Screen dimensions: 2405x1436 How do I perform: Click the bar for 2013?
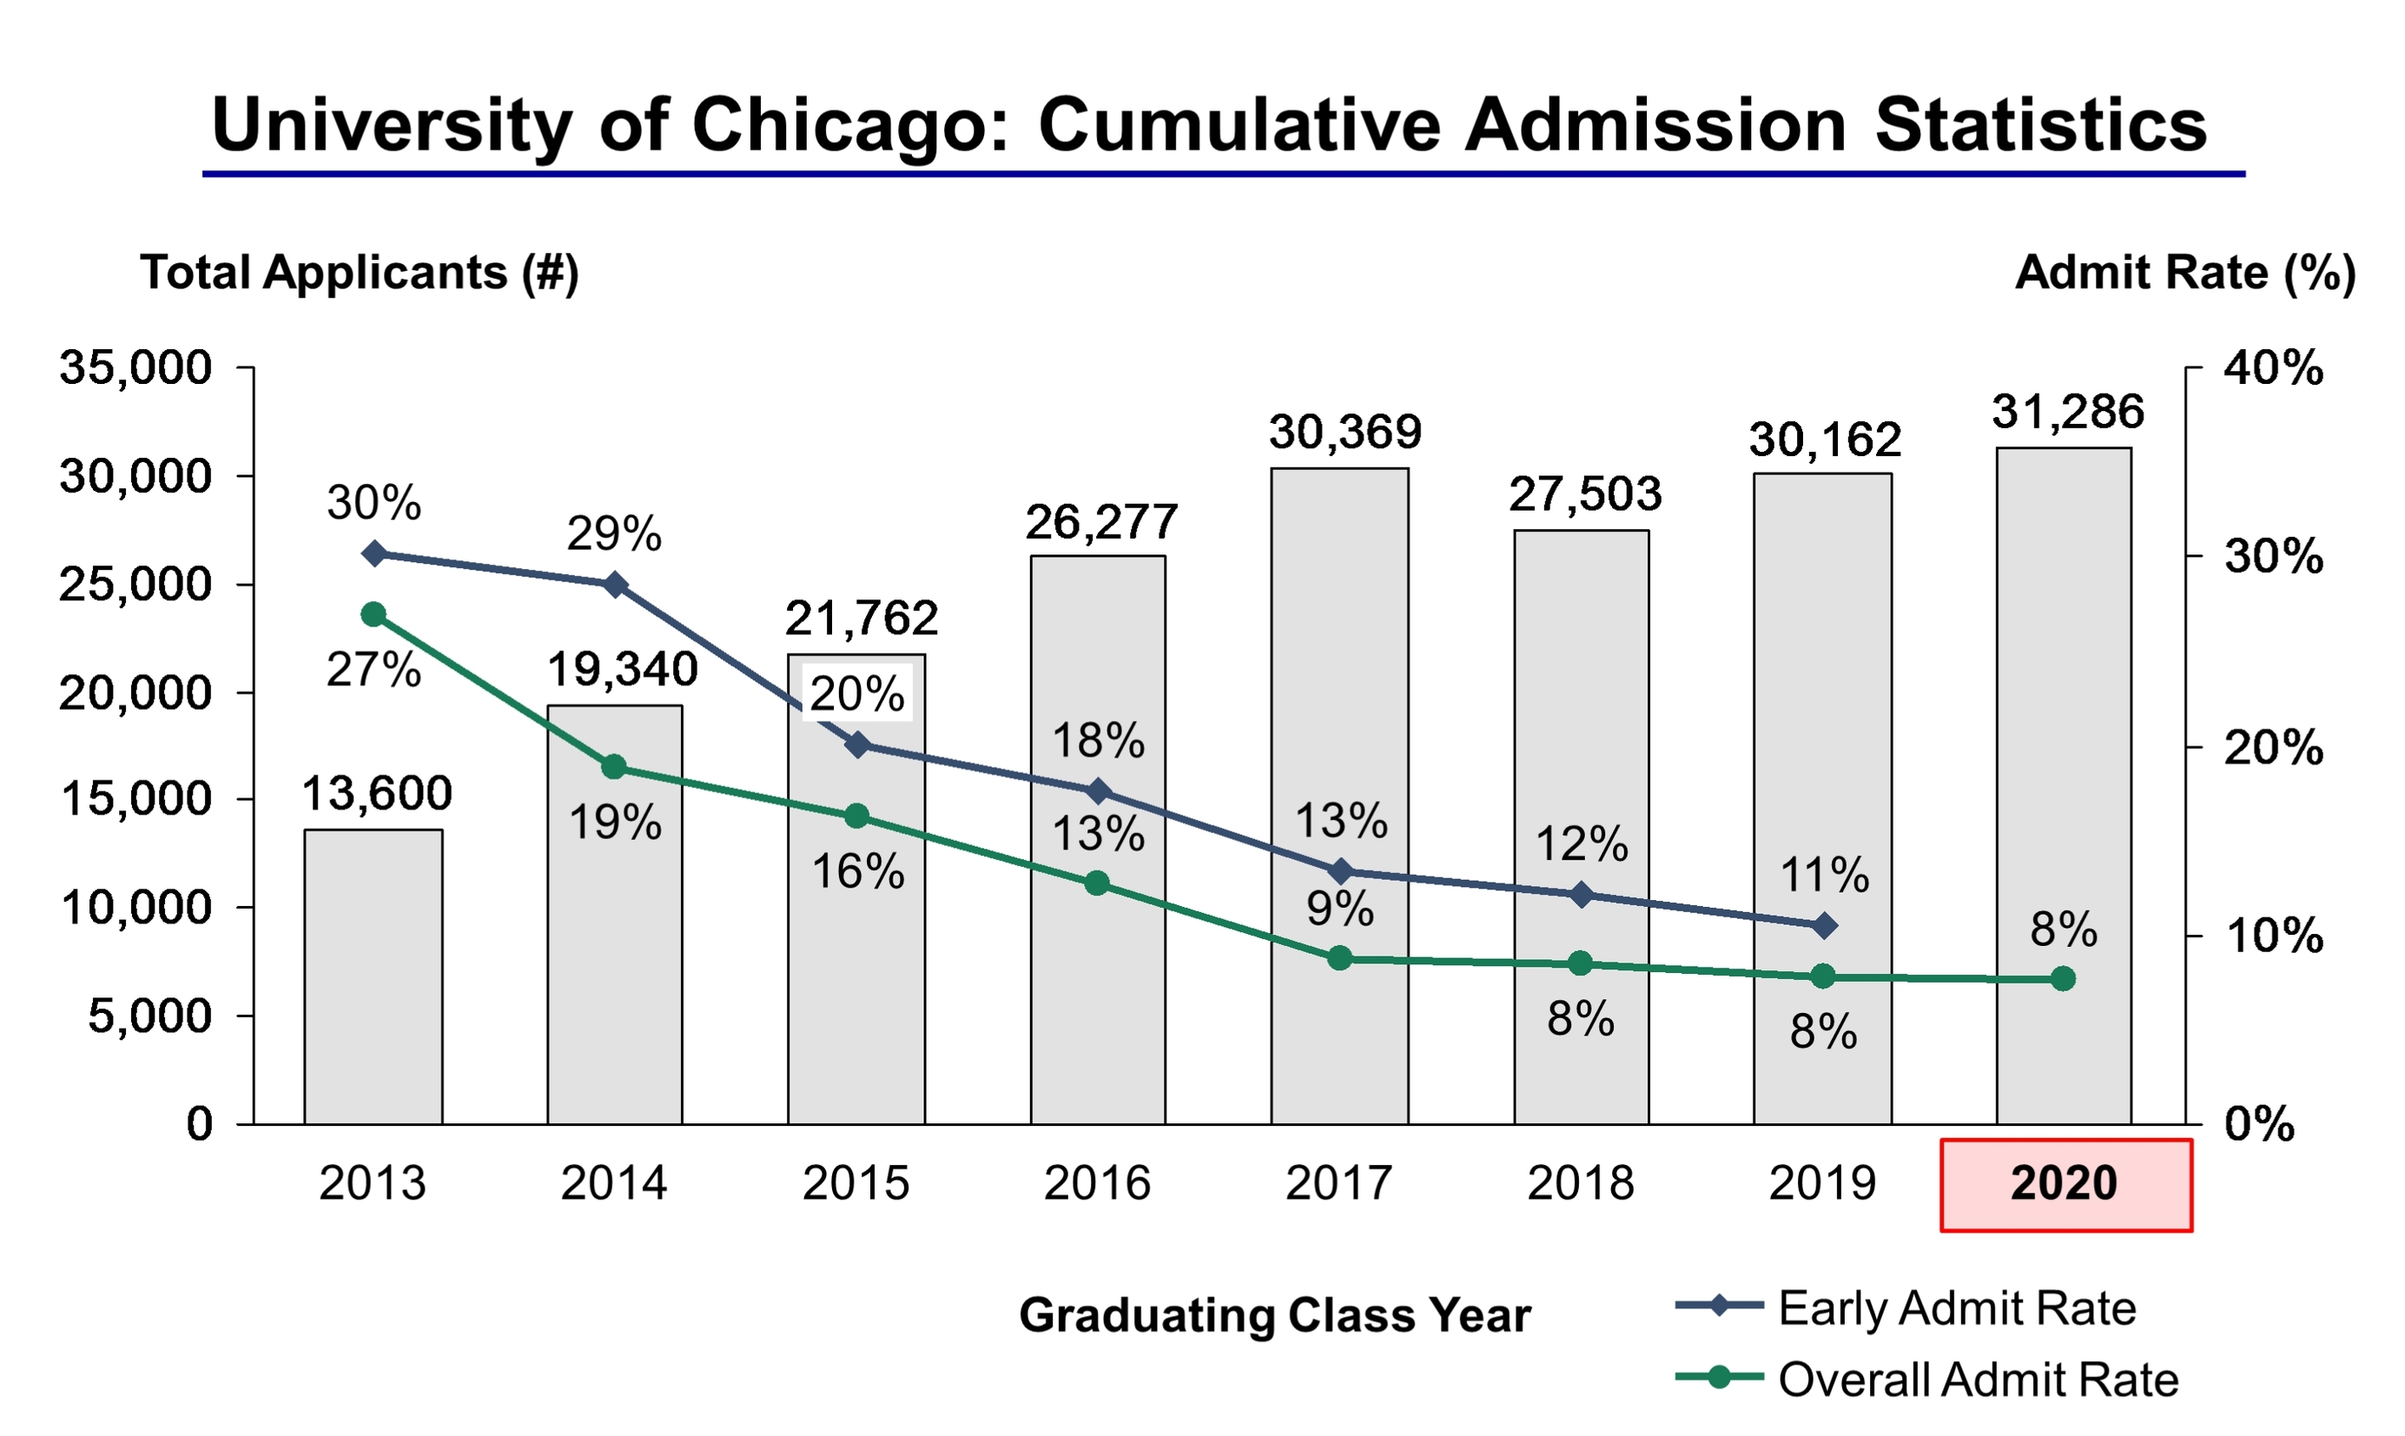(x=373, y=976)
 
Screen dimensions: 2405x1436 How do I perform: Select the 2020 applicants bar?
(x=2064, y=785)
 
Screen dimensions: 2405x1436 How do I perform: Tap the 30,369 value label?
(x=1345, y=433)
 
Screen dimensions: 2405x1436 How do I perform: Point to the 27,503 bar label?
(x=1584, y=494)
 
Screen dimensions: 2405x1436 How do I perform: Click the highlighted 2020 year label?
(x=2065, y=1184)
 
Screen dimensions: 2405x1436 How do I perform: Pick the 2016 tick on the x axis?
(x=1097, y=1183)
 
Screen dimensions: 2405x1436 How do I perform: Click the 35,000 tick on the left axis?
(x=135, y=367)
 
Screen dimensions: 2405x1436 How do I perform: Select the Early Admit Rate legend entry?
(x=1906, y=1308)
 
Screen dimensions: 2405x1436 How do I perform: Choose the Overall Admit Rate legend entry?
(x=1927, y=1379)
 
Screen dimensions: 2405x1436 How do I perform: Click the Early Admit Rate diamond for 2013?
(x=374, y=553)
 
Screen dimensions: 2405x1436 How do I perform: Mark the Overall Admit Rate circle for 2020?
(x=2063, y=979)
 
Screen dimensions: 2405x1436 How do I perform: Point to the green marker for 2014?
(x=614, y=767)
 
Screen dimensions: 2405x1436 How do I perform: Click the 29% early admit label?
(x=614, y=534)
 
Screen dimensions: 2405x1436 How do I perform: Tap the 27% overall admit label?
(x=373, y=671)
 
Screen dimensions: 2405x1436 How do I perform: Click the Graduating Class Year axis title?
(x=1275, y=1315)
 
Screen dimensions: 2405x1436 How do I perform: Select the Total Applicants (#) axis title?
(x=360, y=273)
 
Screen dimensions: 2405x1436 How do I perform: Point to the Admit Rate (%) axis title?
(x=2185, y=273)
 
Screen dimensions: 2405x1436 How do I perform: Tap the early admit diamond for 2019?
(x=1824, y=926)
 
